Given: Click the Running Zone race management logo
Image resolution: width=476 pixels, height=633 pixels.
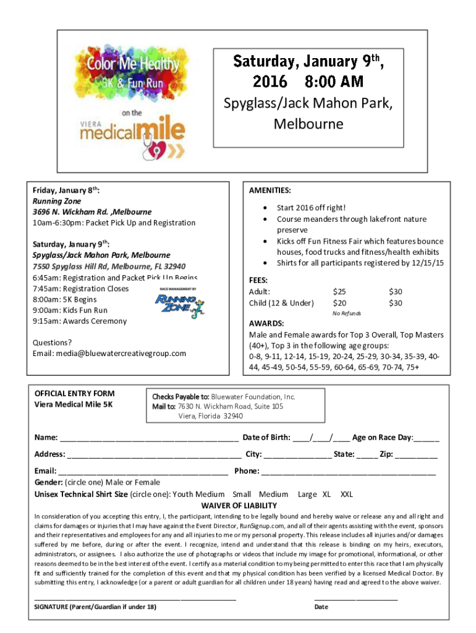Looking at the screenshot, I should (x=177, y=303).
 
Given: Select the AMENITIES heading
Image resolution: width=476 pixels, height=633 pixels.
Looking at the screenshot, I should (x=270, y=191).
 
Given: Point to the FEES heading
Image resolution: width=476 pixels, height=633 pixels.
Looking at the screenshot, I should (x=258, y=279).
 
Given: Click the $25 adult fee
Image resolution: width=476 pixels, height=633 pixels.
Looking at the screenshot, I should (x=339, y=291).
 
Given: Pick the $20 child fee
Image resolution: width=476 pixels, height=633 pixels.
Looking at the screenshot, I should (x=339, y=303).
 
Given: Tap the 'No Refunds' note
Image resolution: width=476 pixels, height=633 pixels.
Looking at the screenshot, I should (x=346, y=313).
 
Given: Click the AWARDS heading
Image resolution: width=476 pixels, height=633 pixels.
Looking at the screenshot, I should (x=266, y=323).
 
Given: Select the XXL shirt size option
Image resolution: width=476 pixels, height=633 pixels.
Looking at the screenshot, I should (x=347, y=494).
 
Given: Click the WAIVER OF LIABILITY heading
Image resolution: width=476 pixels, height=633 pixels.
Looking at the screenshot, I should (x=238, y=505).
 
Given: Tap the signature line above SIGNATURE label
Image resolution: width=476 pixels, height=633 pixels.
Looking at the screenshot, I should (x=135, y=598).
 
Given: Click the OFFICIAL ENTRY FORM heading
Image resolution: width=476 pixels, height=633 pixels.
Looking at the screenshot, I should (x=74, y=393).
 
